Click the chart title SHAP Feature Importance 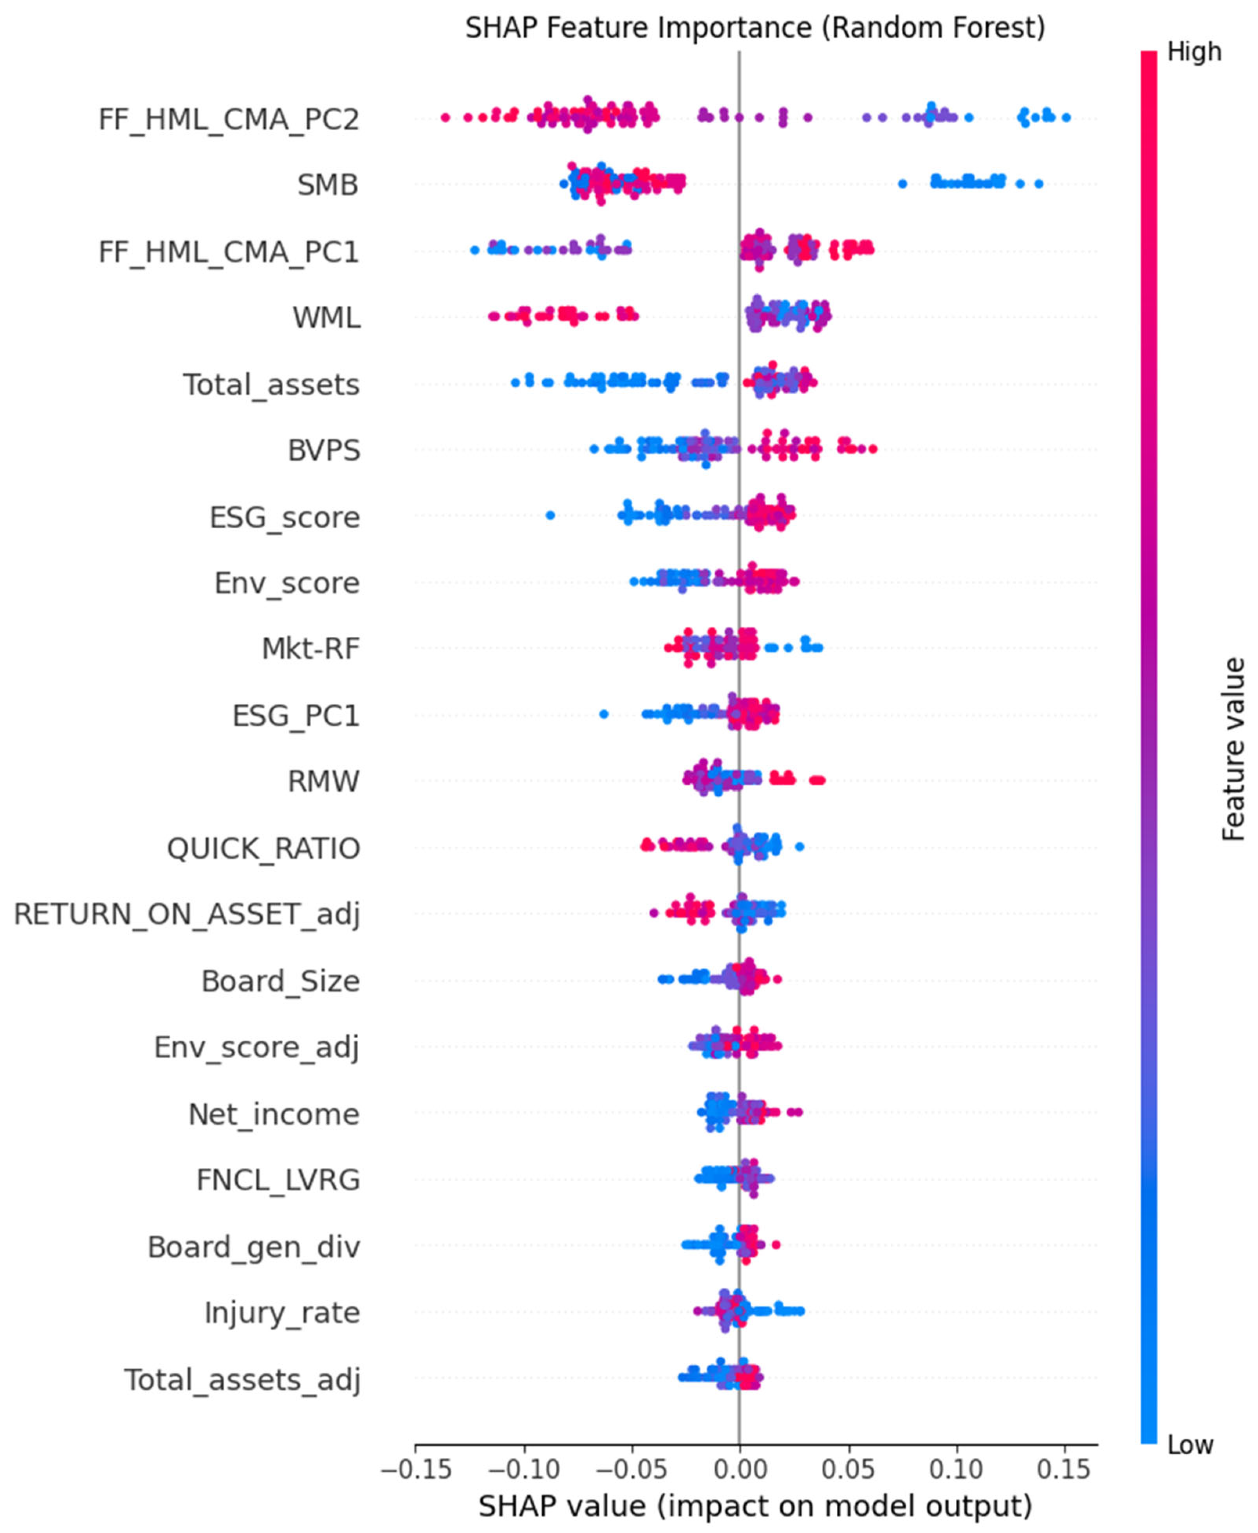[755, 28]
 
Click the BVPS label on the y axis [324, 450]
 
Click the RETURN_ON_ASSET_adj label [187, 914]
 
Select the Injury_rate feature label [282, 1313]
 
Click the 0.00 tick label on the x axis [739, 1469]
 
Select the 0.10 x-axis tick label [957, 1469]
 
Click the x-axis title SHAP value [755, 1506]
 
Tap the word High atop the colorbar [1194, 52]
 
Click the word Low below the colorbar [1190, 1445]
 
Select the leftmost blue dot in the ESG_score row [550, 515]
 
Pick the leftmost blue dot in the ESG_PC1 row [604, 714]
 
